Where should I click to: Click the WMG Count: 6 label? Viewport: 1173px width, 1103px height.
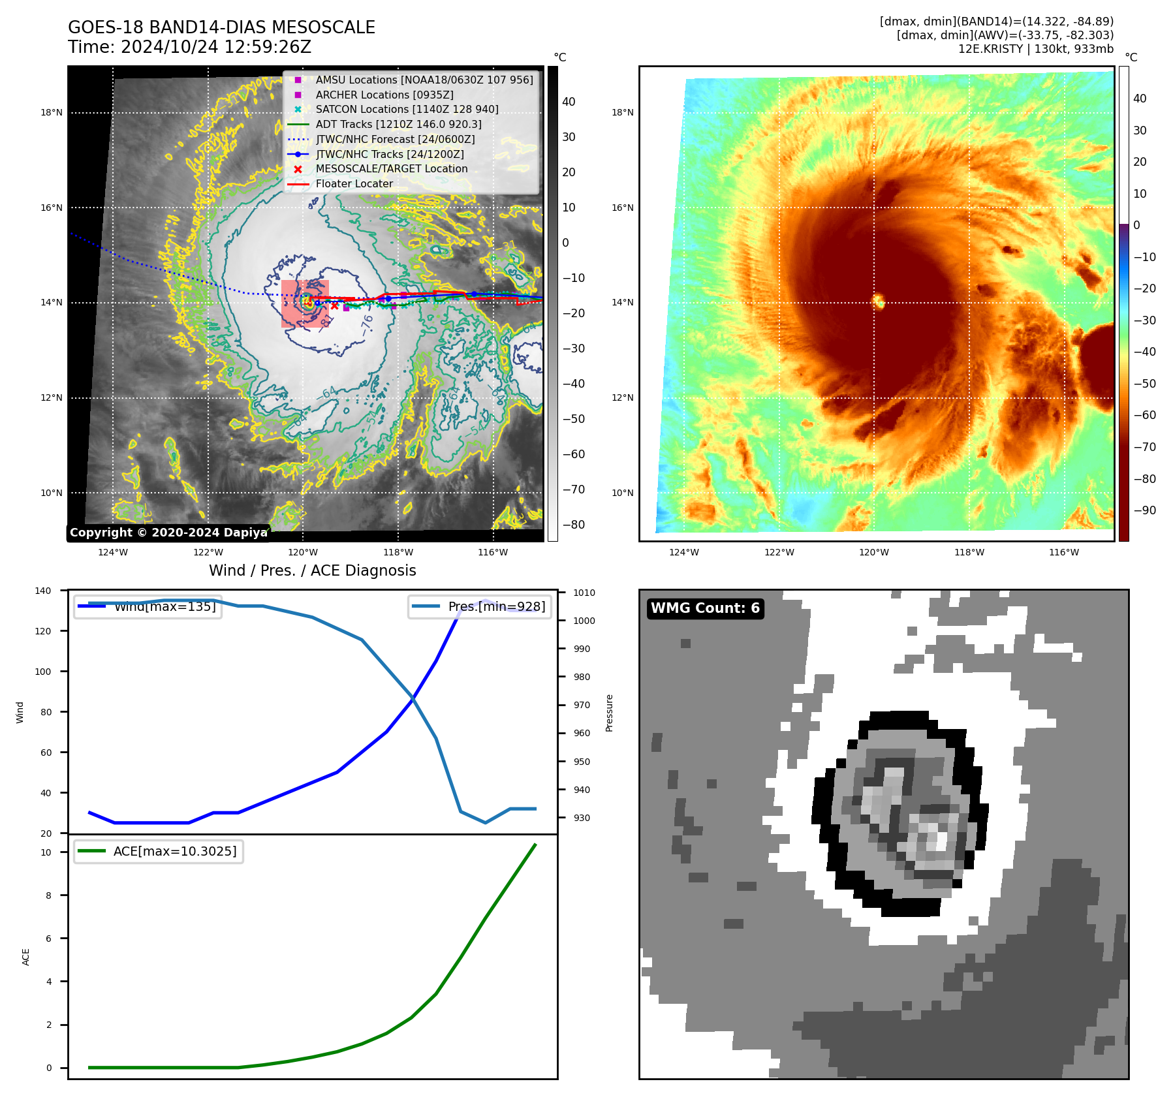pos(705,608)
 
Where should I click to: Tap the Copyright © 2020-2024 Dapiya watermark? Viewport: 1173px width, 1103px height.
pos(168,533)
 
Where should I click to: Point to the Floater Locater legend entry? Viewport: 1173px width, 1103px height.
pos(354,184)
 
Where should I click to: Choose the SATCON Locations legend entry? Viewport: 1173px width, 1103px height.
pos(407,110)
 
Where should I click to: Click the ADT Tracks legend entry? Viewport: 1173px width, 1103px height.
pos(398,124)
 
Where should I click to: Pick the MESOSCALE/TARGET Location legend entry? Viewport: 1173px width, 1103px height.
pos(392,169)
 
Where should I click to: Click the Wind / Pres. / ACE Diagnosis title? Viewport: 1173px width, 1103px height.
pos(312,570)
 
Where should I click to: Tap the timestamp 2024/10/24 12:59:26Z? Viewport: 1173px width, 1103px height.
pos(216,48)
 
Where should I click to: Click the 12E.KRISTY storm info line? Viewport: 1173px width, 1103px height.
pos(1035,49)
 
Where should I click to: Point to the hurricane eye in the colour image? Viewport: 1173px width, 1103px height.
pos(879,301)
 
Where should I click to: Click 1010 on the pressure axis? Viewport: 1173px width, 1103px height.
pos(584,593)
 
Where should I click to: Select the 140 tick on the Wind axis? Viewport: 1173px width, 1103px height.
pos(43,591)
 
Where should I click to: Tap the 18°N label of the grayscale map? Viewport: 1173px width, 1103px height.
pos(52,113)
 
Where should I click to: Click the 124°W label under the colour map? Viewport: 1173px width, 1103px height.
pos(683,552)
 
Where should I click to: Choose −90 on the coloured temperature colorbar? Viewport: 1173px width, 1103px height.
pos(1144,510)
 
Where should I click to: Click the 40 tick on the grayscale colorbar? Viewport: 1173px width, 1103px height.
pos(569,102)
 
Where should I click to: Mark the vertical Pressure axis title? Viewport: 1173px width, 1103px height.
pos(609,713)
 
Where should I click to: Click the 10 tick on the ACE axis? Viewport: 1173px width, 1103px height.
pos(46,852)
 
